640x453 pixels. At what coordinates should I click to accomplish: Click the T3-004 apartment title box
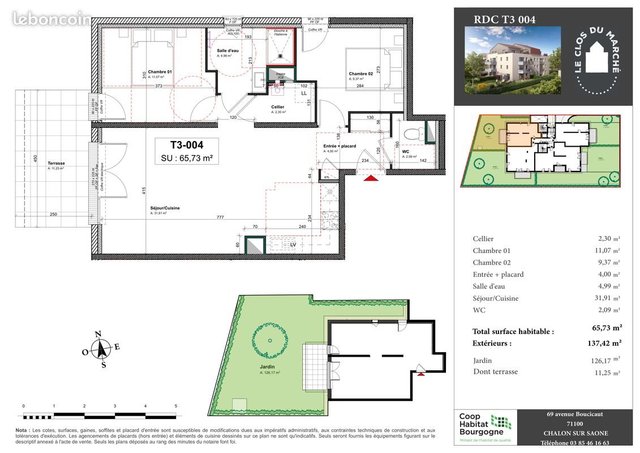[187, 151]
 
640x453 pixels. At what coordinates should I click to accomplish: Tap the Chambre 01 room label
[161, 72]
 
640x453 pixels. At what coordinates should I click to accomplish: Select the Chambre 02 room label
[360, 74]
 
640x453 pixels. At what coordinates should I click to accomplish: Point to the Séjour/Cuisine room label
[165, 208]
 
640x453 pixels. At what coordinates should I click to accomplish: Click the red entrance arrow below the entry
[371, 178]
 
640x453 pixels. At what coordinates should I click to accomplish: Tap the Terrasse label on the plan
[57, 164]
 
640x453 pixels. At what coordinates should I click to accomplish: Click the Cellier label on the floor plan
[277, 107]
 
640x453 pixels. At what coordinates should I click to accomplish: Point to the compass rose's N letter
[98, 334]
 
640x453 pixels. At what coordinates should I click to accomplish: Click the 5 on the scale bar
[176, 406]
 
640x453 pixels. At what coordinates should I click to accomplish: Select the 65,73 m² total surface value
[607, 327]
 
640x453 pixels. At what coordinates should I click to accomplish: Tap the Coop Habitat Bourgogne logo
[486, 428]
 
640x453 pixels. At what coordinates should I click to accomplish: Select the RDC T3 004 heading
[504, 19]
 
